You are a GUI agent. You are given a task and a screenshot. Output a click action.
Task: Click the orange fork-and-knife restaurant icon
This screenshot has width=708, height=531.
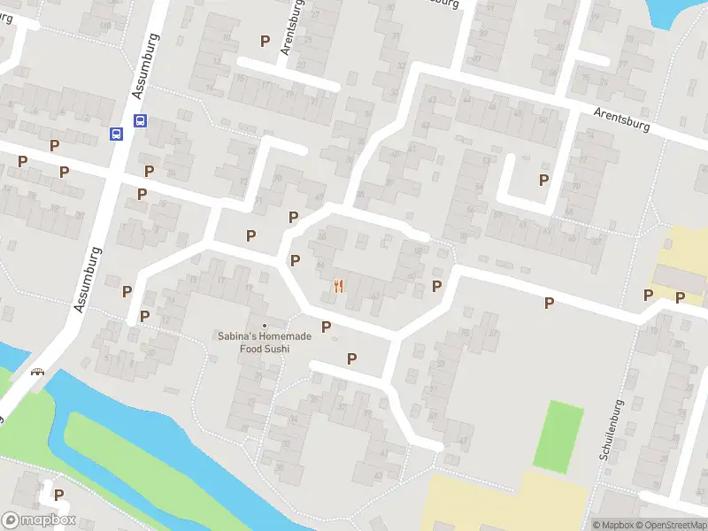(338, 286)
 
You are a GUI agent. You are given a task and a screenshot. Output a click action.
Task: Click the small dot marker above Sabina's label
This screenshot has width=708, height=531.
(264, 326)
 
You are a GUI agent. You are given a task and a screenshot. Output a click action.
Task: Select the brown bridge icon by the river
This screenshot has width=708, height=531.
(37, 373)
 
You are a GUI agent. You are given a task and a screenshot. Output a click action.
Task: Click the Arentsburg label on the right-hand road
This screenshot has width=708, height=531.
(622, 119)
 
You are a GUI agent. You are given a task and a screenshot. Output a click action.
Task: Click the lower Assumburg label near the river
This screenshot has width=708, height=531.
(89, 280)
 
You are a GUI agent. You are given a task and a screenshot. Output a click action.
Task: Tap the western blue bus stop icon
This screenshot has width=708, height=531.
(116, 134)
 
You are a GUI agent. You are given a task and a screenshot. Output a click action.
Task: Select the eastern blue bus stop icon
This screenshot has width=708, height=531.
(140, 120)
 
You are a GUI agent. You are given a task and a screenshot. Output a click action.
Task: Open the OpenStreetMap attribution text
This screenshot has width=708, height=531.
(670, 525)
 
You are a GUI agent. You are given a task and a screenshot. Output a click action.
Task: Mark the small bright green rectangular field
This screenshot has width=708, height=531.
(558, 435)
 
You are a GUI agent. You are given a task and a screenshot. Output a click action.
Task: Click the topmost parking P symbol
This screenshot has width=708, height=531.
(264, 41)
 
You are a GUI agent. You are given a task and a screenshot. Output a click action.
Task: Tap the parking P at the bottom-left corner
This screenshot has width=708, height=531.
(58, 496)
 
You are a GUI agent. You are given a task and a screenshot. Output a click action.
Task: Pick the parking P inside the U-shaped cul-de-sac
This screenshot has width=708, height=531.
(543, 180)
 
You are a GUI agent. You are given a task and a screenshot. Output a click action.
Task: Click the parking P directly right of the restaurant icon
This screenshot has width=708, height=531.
(436, 286)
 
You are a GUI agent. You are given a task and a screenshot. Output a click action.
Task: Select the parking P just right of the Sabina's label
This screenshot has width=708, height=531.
(326, 327)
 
